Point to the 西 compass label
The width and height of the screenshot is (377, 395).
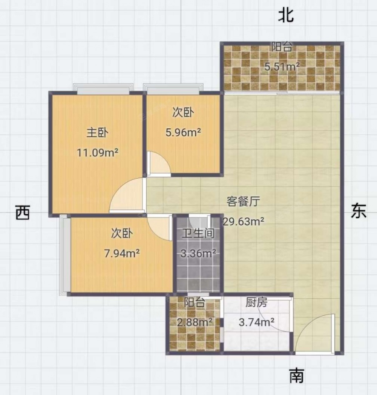tap(23, 212)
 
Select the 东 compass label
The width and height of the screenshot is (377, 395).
tap(359, 211)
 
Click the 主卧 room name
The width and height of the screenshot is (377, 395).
tap(97, 133)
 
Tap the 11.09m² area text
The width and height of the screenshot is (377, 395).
tap(97, 153)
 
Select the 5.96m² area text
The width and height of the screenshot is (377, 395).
tap(183, 132)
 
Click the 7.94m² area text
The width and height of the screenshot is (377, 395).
tap(122, 253)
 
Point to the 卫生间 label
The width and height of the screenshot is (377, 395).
tap(198, 233)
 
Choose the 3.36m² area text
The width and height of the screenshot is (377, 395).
tap(198, 253)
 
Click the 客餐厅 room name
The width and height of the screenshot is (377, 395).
tap(243, 202)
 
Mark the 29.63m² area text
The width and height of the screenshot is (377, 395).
tap(244, 221)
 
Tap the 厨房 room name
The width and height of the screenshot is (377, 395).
tap(256, 302)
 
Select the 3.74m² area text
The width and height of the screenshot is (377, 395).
tap(256, 322)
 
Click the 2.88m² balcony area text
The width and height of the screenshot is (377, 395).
tap(195, 322)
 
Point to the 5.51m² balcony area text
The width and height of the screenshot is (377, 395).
tap(282, 67)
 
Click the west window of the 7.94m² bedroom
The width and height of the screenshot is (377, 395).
tap(65, 255)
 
